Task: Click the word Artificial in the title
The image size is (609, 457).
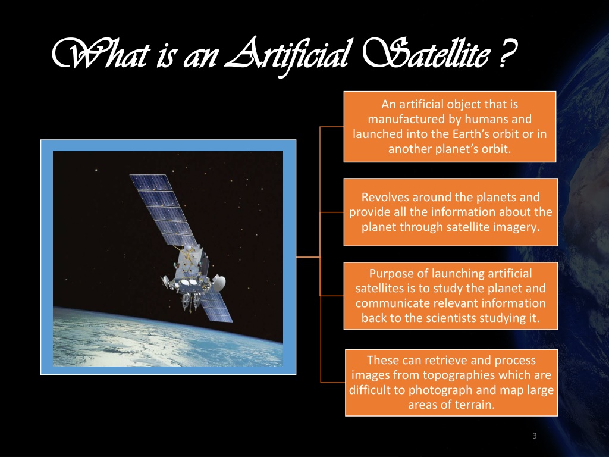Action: [x=287, y=55]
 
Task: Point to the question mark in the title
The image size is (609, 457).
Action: [x=507, y=54]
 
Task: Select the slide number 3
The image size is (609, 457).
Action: [x=535, y=436]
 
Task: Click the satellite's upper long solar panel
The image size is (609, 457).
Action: [x=163, y=210]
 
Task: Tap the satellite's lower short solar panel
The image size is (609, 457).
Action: [x=215, y=308]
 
